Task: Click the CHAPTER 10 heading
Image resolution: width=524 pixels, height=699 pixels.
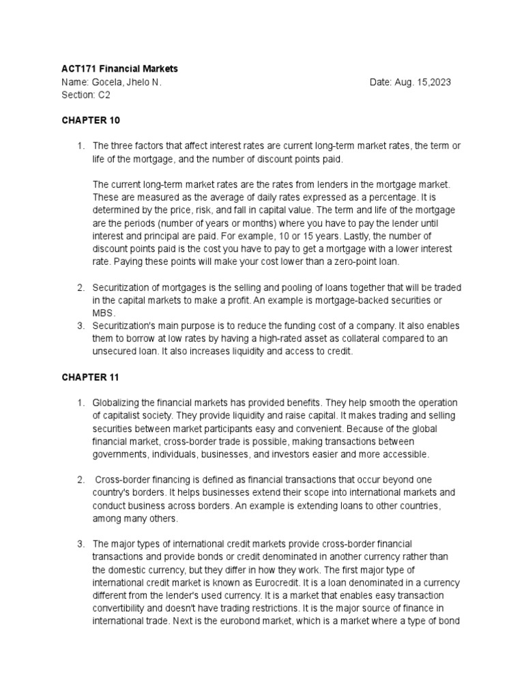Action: pyautogui.click(x=90, y=120)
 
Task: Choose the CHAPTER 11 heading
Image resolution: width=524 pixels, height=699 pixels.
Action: pyautogui.click(x=90, y=377)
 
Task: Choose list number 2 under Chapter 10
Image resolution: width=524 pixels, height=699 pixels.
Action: pyautogui.click(x=81, y=287)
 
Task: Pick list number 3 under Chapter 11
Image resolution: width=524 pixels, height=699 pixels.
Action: pyautogui.click(x=81, y=543)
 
